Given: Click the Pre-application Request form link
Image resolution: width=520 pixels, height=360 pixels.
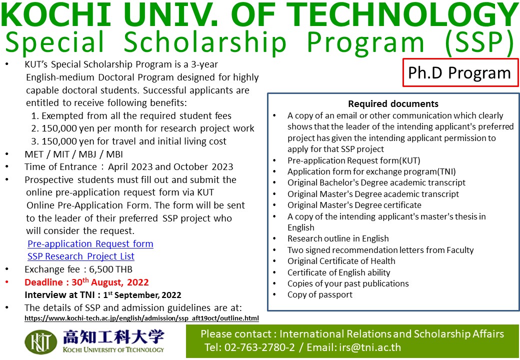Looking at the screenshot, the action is tap(90, 243).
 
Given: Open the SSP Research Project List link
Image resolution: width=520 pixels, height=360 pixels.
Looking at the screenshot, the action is tap(81, 256).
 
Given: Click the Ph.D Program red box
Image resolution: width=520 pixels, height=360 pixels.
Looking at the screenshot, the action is tap(460, 72).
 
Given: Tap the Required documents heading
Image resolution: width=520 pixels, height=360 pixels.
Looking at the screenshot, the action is tap(393, 104).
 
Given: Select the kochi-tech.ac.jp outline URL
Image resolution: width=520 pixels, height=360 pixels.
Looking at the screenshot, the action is tap(141, 318).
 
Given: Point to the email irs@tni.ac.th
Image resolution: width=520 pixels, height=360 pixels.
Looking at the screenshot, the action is tap(370, 347).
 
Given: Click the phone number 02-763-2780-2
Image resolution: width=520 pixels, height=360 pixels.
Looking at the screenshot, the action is tap(259, 347).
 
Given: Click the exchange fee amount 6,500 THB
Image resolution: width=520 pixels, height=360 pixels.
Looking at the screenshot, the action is tap(111, 269).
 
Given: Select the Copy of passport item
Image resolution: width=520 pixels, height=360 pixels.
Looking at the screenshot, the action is tap(319, 294).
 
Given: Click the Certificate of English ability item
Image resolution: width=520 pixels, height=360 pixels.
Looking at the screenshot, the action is tap(338, 272).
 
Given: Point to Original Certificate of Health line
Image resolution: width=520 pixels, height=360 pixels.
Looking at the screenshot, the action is tap(341, 261).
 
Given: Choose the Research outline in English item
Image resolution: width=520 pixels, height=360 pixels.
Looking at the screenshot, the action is tap(338, 238).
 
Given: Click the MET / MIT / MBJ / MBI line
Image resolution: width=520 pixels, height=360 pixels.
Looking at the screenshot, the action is tap(73, 154).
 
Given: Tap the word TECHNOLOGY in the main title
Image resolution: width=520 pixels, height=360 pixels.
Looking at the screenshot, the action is tap(404, 16).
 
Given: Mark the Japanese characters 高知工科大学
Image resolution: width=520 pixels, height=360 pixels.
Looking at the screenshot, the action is tap(113, 337).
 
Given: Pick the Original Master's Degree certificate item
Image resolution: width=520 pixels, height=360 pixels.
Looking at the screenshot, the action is tap(354, 205).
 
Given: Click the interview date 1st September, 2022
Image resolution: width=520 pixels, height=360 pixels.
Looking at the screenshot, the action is tap(142, 294).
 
